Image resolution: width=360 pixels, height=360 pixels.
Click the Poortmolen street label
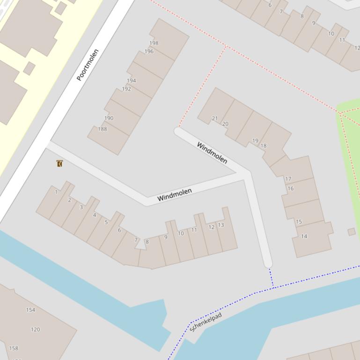(88, 65)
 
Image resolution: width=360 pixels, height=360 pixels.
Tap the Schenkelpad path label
(206, 322)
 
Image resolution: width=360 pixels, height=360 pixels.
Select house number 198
(154, 43)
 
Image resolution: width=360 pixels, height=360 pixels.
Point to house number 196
(149, 51)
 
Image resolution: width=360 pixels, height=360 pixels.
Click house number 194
(132, 80)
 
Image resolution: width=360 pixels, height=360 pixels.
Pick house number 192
(126, 89)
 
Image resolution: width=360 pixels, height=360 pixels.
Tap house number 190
(109, 118)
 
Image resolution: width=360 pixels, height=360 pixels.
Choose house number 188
(103, 129)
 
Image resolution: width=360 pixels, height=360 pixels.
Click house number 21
(215, 118)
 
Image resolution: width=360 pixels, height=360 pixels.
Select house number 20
(225, 124)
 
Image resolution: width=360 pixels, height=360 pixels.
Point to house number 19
(255, 140)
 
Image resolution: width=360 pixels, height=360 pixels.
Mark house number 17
(288, 179)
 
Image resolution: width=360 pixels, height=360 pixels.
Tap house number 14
(304, 236)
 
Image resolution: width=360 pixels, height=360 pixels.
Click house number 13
(221, 225)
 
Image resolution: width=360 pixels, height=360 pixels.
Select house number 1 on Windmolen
(56, 192)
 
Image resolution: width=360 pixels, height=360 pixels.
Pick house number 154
(30, 310)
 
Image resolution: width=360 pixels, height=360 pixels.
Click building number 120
(35, 330)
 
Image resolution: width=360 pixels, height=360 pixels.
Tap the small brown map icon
(59, 163)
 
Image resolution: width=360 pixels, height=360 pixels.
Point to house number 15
(299, 222)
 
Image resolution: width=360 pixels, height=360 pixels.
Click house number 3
(81, 207)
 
